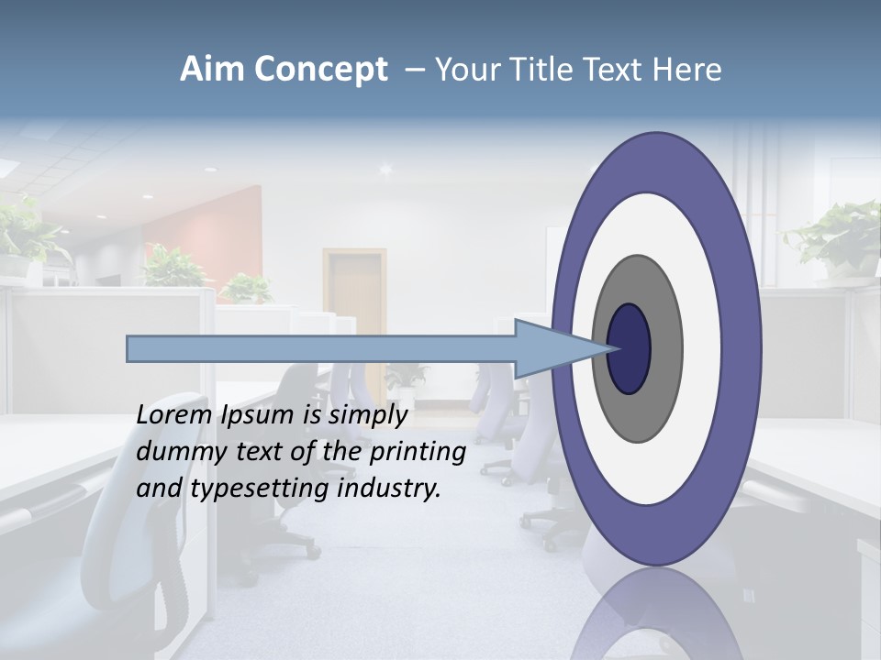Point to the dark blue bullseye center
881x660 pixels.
point(629,348)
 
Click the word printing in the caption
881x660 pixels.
point(418,453)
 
